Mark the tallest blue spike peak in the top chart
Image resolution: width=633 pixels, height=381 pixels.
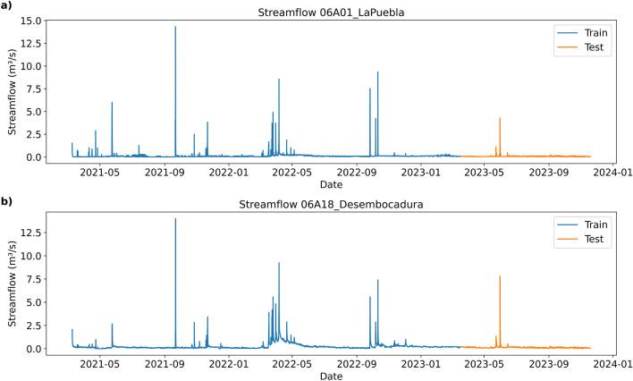175,27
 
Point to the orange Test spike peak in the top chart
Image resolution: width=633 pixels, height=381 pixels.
500,118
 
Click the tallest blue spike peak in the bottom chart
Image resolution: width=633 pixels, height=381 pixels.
175,219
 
